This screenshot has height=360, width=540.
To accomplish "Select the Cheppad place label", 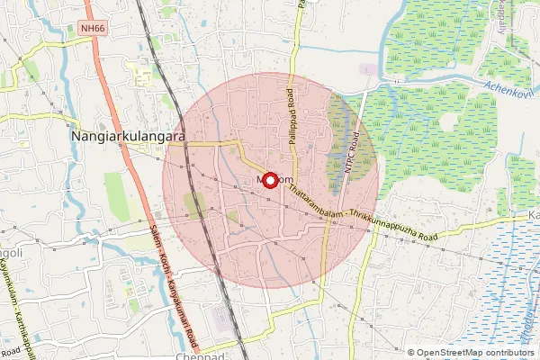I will click(x=226, y=356).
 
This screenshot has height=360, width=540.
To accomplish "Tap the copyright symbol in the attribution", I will click(x=411, y=353).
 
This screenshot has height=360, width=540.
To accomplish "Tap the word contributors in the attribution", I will click(x=510, y=353).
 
